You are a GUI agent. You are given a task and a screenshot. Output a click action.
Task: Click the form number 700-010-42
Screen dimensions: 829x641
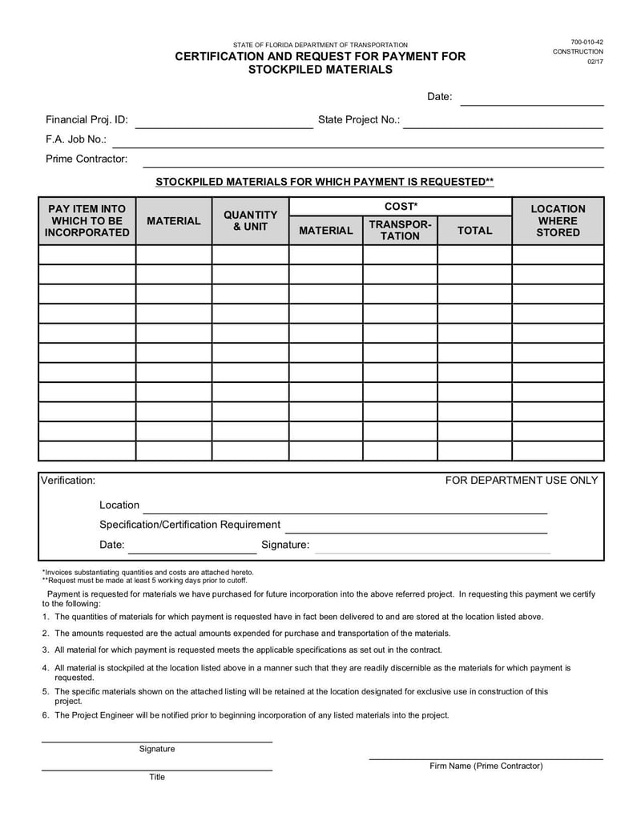tap(587, 42)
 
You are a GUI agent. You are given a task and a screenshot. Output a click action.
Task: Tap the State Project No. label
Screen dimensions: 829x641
tap(358, 119)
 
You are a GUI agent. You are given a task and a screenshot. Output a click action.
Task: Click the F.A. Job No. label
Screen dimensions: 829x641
tap(76, 139)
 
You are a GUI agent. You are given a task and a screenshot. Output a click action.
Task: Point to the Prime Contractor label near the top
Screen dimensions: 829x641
tap(87, 159)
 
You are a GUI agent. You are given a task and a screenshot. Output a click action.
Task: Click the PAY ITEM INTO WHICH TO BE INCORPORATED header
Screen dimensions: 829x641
tap(87, 220)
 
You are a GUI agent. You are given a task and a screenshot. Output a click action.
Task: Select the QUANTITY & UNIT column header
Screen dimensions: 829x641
tap(250, 220)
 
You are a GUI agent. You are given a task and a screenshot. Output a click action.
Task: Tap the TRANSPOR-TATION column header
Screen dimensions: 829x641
tap(400, 230)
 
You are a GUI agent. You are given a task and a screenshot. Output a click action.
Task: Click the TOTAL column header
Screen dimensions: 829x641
tap(474, 230)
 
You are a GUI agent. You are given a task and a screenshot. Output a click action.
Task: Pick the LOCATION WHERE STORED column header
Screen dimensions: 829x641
tap(558, 220)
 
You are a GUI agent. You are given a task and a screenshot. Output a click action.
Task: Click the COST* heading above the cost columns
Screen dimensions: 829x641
tap(400, 207)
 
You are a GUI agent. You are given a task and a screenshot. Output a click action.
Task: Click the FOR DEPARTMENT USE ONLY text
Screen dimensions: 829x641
tap(522, 480)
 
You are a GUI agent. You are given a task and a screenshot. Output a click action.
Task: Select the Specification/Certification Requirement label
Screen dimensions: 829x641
tap(190, 525)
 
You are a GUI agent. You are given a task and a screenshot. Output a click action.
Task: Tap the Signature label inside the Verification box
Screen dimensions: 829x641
tap(285, 545)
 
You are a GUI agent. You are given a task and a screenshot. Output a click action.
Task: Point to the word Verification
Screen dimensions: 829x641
tap(68, 480)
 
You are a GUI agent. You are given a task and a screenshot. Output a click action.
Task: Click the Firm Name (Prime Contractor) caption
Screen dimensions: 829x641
tap(486, 766)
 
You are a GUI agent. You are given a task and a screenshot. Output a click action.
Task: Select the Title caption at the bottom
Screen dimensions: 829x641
tap(157, 776)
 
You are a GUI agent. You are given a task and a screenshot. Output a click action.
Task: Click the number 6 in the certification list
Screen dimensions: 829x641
tap(46, 715)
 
